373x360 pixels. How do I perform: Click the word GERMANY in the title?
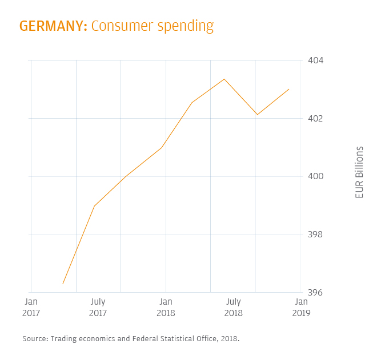pyautogui.click(x=53, y=26)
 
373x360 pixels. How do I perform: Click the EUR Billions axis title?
pyautogui.click(x=359, y=172)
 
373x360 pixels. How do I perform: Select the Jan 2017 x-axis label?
pyautogui.click(x=31, y=307)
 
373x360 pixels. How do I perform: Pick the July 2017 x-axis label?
pyautogui.click(x=98, y=307)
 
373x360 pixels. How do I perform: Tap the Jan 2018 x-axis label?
pyautogui.click(x=166, y=307)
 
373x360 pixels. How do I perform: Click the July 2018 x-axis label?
pyautogui.click(x=233, y=307)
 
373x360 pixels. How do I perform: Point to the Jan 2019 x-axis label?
pyautogui.click(x=301, y=307)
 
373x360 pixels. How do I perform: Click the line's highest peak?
pyautogui.click(x=224, y=79)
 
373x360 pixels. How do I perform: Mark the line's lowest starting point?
pyautogui.click(x=63, y=284)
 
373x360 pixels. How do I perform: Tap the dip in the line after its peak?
pyautogui.click(x=258, y=115)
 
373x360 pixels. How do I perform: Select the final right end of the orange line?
pyautogui.click(x=289, y=89)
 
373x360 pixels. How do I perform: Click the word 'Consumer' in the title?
pyautogui.click(x=117, y=26)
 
